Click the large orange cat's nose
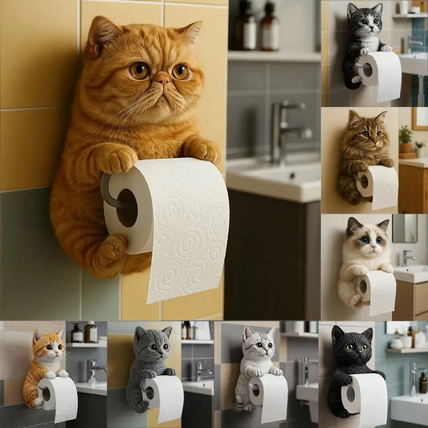coord(163,79)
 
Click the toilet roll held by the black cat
coord(365,398)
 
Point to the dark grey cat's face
coord(152,347)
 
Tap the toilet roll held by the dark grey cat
coord(165,397)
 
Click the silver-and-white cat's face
coord(256,345)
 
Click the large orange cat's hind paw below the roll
coord(106,257)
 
